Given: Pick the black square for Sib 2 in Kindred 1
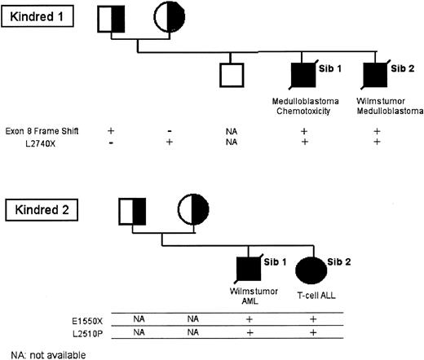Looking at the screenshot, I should point(376,75).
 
